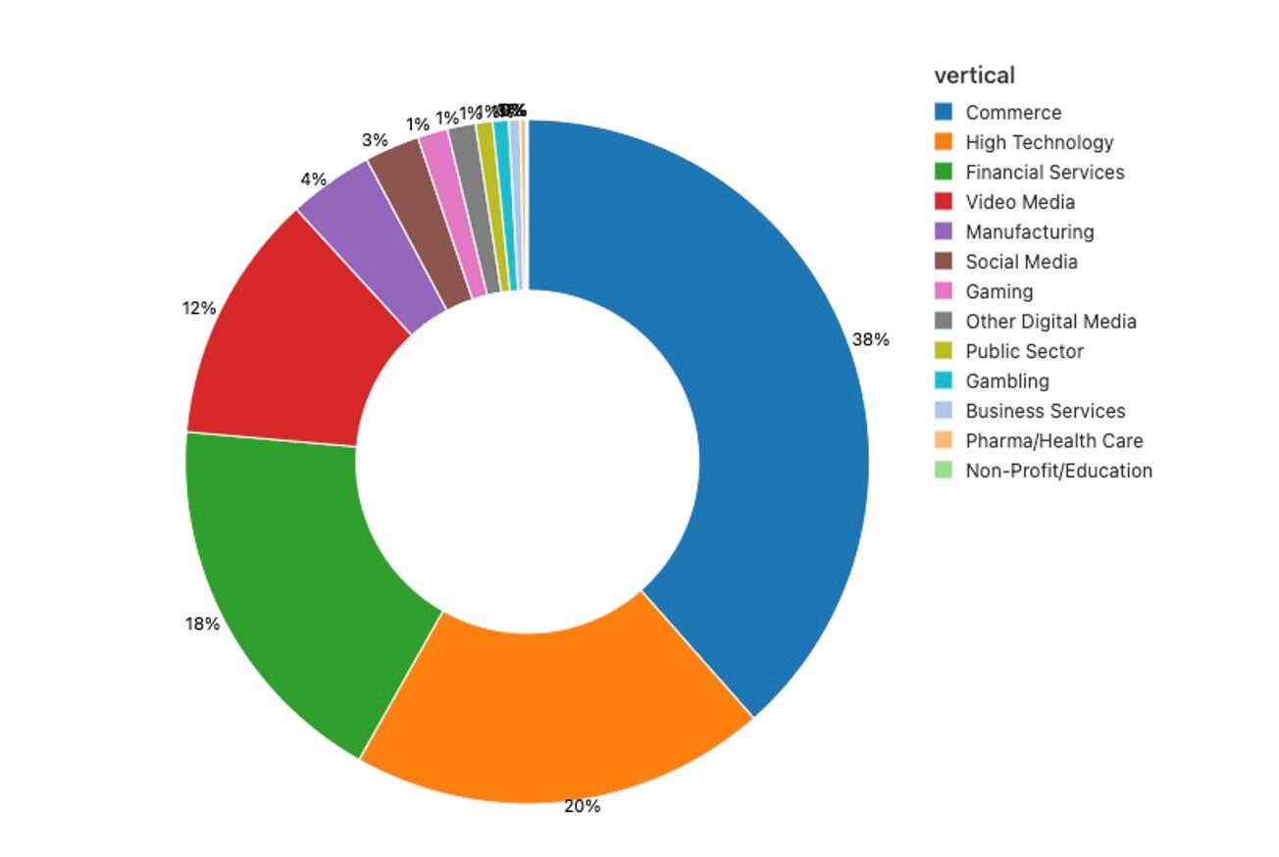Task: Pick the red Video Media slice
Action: click(294, 343)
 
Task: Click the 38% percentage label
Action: click(870, 339)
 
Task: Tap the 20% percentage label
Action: click(582, 806)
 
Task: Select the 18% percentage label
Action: click(202, 624)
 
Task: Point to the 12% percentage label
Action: click(198, 308)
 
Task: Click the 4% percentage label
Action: click(313, 179)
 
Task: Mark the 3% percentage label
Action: click(375, 140)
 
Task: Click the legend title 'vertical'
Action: click(974, 76)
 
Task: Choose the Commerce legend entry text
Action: click(1013, 113)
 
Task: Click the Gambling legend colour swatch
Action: click(944, 380)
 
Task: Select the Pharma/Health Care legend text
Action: click(1053, 441)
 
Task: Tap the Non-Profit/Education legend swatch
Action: click(944, 471)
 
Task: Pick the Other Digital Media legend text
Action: click(1050, 322)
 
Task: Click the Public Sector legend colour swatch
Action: click(944, 351)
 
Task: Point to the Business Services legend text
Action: click(1045, 411)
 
